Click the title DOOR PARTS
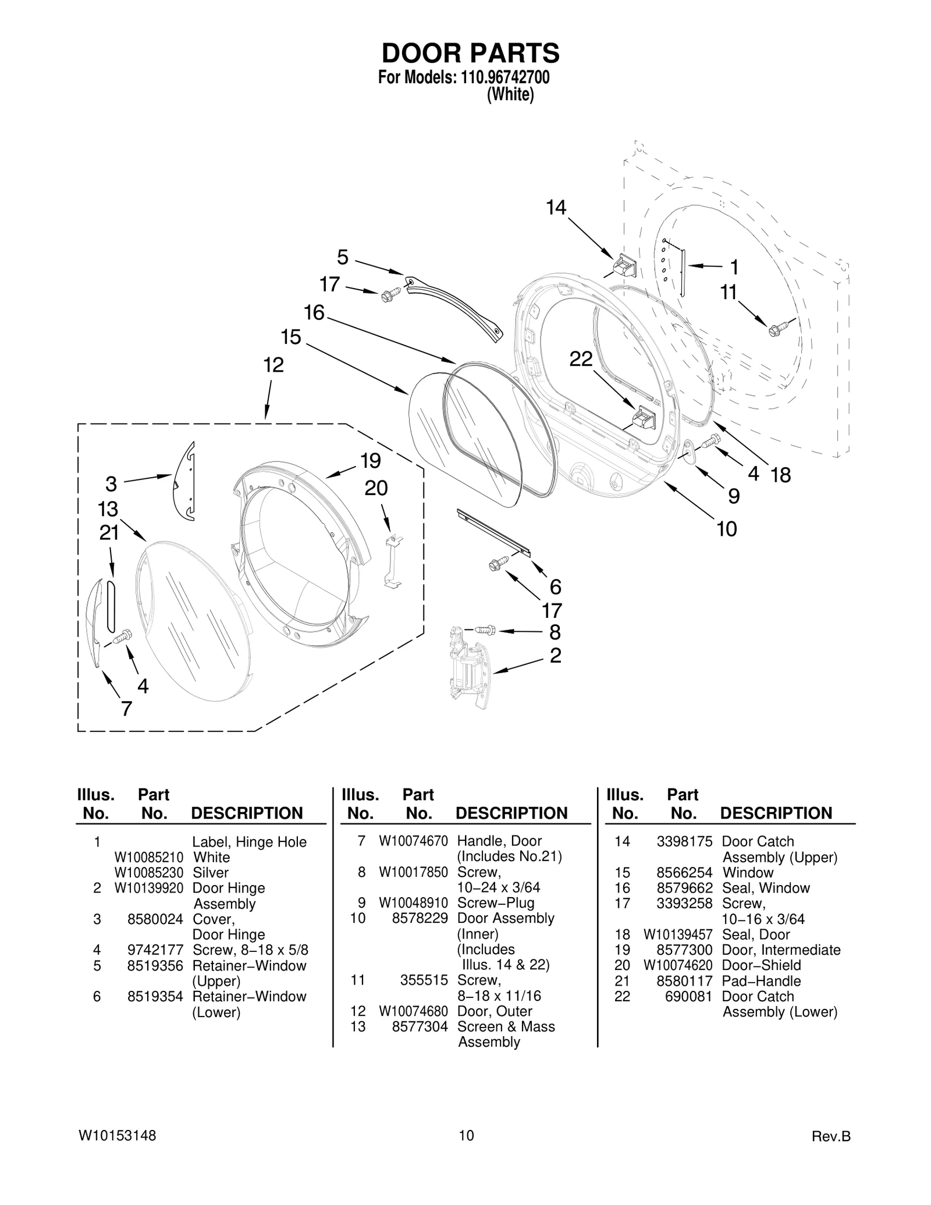click(x=470, y=54)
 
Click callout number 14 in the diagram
click(x=556, y=208)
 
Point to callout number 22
click(x=581, y=359)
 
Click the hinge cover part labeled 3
click(x=184, y=482)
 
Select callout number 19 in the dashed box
click(x=371, y=461)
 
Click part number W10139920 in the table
click(x=148, y=888)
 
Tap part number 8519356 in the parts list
click(x=155, y=965)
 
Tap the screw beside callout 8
click(x=484, y=630)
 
